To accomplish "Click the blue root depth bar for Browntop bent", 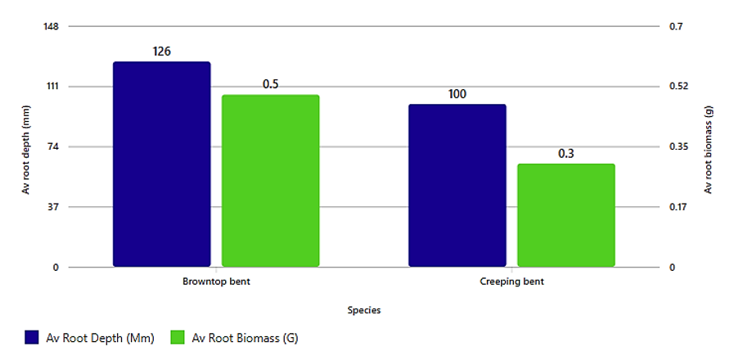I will tap(162, 164).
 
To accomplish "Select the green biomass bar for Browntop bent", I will tap(271, 181).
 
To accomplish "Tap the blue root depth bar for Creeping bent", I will tap(457, 185).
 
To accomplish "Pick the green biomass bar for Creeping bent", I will tap(566, 215).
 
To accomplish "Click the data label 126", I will tap(162, 52).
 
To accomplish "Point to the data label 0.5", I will tap(271, 84).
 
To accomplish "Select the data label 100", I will tap(457, 94).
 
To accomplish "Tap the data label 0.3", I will tap(566, 154).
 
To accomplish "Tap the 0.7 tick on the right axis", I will tap(676, 26).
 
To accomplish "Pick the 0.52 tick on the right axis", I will tap(678, 86).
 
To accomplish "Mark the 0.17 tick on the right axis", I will tap(678, 207).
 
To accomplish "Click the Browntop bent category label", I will tap(216, 281).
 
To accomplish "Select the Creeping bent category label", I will tap(511, 281).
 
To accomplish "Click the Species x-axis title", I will tap(364, 310).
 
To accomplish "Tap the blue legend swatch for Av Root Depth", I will tap(32, 337).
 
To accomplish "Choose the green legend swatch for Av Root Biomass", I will tap(178, 337).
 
